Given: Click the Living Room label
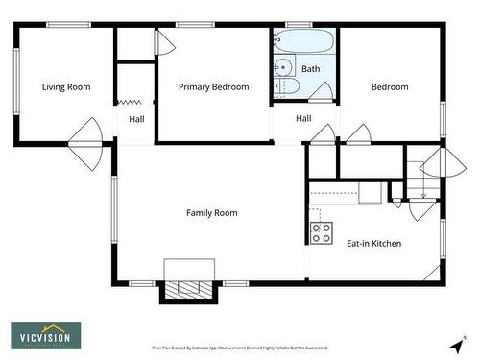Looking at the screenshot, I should (66, 87).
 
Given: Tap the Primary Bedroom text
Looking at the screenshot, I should (213, 87).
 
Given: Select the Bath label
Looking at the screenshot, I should (311, 69).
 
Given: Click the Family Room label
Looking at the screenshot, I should (211, 213).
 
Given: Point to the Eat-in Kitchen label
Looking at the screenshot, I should (373, 244).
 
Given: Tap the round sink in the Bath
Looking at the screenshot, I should (282, 67).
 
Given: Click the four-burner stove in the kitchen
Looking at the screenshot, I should (321, 232).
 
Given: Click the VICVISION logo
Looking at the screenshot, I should (46, 335).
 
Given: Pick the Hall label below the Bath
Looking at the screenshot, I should (303, 119).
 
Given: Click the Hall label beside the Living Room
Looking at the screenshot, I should (137, 119).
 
